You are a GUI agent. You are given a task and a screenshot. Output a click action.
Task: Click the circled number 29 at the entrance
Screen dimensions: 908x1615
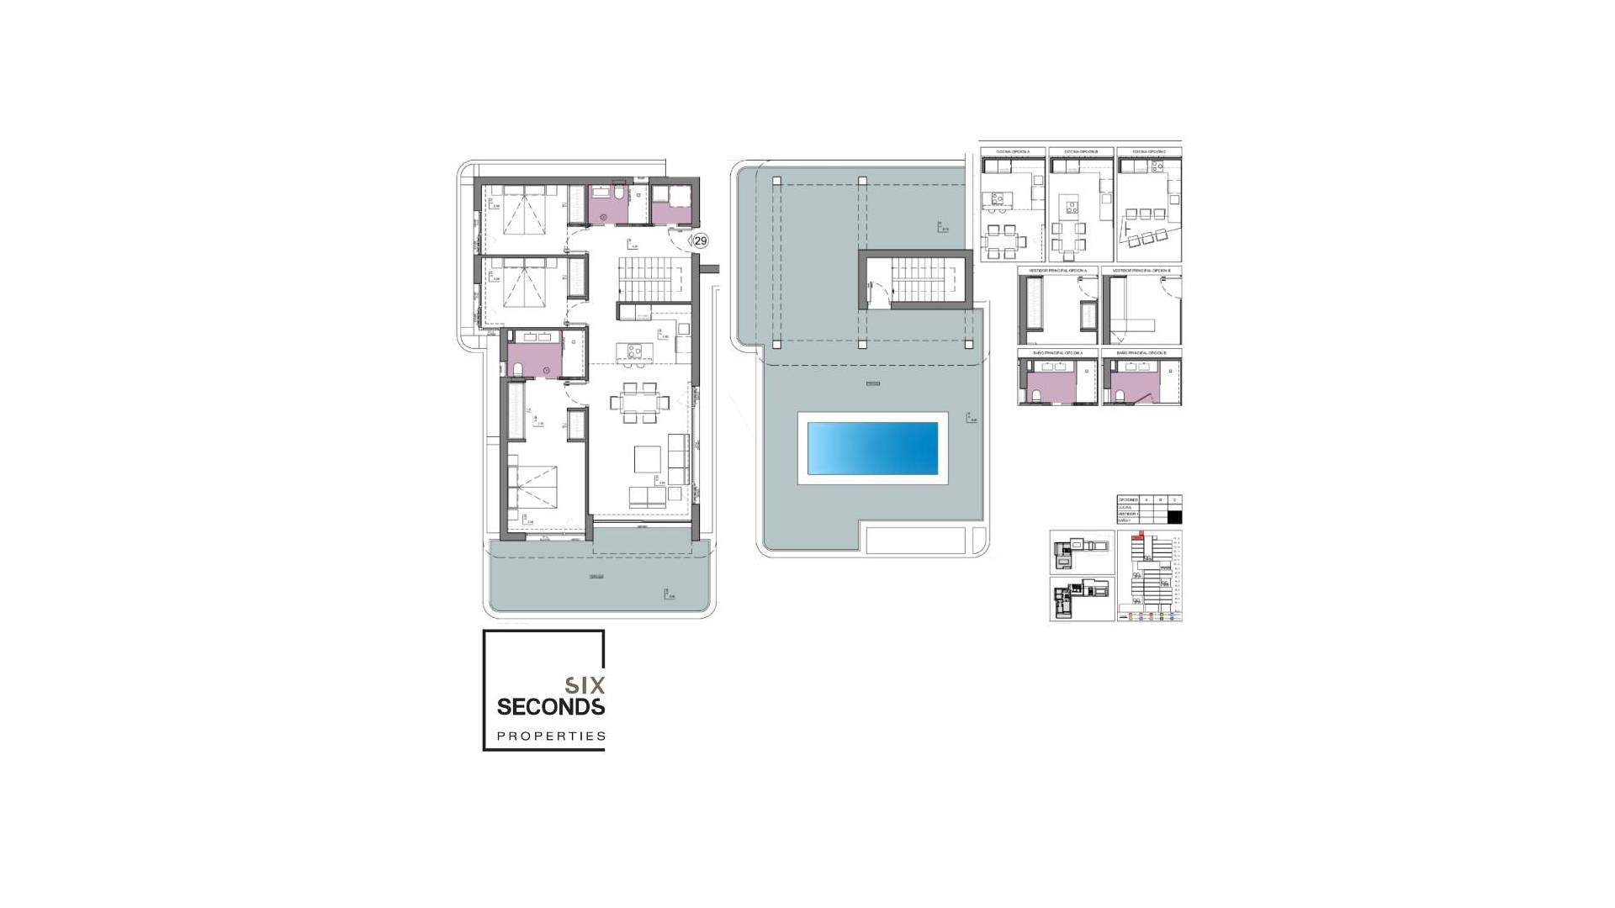coord(700,241)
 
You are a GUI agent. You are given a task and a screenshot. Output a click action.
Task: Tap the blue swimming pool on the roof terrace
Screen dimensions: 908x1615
coord(872,448)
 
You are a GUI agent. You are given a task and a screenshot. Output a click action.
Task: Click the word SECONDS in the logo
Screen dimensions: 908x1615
coord(550,706)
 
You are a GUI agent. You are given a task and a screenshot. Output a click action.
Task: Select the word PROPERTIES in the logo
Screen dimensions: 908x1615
coord(551,736)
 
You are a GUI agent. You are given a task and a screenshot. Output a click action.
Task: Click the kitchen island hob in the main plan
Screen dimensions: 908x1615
coord(627,350)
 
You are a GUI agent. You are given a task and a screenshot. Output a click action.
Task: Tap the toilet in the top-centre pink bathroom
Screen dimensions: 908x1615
coord(618,196)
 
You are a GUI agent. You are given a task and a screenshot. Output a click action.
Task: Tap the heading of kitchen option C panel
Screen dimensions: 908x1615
coord(1148,152)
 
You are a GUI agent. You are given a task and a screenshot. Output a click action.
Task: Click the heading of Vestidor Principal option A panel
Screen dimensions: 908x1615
coord(1057,271)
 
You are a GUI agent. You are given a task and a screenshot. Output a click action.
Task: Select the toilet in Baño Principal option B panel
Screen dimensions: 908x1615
coord(1120,394)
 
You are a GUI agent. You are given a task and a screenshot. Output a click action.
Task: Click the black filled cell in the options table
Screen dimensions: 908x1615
coord(1175,517)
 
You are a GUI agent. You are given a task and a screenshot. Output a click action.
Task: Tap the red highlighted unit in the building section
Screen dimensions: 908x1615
coord(1140,535)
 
